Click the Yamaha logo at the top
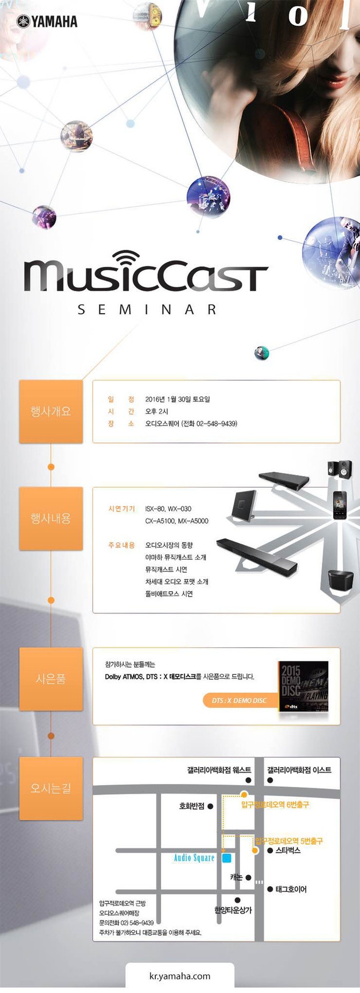click(x=47, y=21)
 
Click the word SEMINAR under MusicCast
click(x=147, y=310)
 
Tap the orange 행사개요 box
click(x=51, y=412)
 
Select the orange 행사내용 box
click(x=51, y=519)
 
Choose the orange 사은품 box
click(x=51, y=679)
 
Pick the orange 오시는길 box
click(x=51, y=788)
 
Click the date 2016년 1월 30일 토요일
click(x=177, y=399)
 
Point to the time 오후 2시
click(x=156, y=412)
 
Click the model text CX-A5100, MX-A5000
click(x=177, y=521)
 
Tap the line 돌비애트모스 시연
click(x=169, y=594)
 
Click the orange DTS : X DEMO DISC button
click(x=239, y=701)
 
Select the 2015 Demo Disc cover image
click(x=304, y=686)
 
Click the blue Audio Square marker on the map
click(x=227, y=858)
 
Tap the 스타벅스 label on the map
click(x=288, y=851)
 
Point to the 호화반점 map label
click(x=192, y=806)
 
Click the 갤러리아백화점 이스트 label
click(x=299, y=770)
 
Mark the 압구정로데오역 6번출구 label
click(x=275, y=805)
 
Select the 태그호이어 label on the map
click(x=291, y=889)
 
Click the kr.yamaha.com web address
click(x=180, y=976)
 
